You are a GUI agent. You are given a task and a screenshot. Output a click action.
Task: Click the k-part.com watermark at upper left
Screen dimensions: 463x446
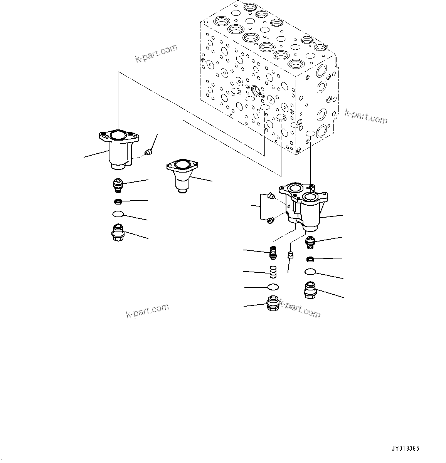[x=156, y=54]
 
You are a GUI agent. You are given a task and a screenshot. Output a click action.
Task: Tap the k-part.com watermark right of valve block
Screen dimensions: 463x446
[x=365, y=117]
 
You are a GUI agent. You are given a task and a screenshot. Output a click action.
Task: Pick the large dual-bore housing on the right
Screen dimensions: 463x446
[x=305, y=208]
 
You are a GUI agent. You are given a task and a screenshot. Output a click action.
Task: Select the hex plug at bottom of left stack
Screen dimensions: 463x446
[x=117, y=233]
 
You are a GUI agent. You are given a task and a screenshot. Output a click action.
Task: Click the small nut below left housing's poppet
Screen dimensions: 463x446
[x=117, y=201]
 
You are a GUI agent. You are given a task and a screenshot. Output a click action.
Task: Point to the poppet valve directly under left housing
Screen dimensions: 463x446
[x=117, y=185]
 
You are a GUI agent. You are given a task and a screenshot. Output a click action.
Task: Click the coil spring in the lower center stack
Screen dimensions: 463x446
[x=273, y=272]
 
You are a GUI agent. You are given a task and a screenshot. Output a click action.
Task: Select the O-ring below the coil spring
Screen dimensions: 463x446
[x=273, y=287]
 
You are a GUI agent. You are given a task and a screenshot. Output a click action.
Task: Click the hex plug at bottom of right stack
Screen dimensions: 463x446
[x=310, y=290]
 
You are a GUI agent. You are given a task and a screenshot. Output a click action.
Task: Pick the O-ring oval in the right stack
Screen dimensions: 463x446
[x=310, y=272]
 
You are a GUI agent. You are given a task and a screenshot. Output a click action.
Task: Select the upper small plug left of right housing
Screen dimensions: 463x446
[x=271, y=197]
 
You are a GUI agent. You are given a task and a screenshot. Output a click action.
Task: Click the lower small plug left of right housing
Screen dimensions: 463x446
[x=270, y=220]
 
